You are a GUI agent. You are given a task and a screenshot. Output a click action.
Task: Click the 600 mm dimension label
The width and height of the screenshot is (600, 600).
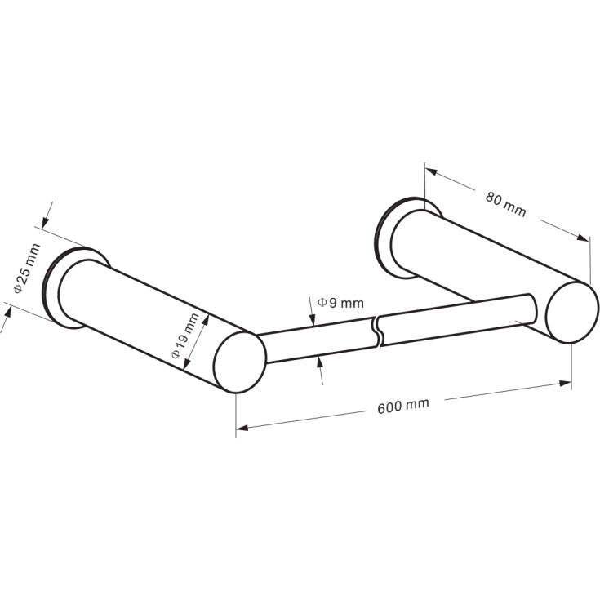(403, 406)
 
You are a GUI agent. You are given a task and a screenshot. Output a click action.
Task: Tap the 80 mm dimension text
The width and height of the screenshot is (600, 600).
(505, 204)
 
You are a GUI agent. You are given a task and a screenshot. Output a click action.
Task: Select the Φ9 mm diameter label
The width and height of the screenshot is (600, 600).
(340, 303)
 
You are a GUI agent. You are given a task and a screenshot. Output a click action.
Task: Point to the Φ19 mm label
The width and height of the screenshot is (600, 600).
(185, 336)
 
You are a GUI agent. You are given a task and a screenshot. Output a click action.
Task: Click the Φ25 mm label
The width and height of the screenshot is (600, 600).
(27, 268)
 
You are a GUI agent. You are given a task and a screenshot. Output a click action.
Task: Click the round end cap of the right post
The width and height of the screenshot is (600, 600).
(572, 312)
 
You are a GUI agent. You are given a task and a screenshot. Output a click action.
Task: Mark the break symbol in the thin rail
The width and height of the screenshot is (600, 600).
(377, 331)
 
